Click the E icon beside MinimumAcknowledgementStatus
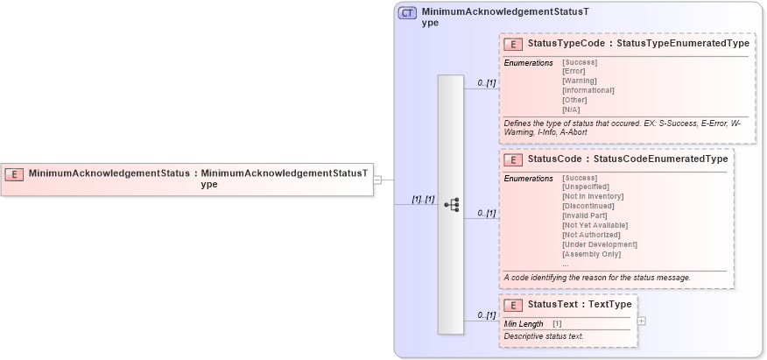click(14, 173)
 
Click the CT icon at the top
click(407, 13)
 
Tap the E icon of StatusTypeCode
click(514, 44)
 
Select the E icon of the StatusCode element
click(514, 159)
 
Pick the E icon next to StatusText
click(514, 305)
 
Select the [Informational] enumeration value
click(588, 90)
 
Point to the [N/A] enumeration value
click(571, 109)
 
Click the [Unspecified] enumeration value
click(585, 187)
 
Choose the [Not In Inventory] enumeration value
click(593, 196)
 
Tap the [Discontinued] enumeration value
click(587, 206)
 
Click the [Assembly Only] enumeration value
click(592, 254)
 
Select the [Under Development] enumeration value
click(600, 244)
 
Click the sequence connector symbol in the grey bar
click(452, 204)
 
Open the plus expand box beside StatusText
click(642, 321)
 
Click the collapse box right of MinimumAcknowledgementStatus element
click(377, 180)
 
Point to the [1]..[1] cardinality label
click(423, 200)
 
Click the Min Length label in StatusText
click(524, 324)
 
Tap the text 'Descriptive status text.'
click(544, 336)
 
